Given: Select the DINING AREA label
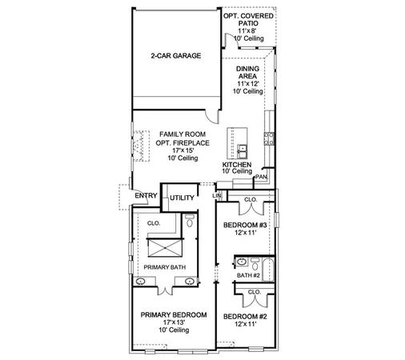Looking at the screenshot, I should point(248,74).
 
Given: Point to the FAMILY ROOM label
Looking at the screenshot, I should point(178,134).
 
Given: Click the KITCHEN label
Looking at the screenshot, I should point(237,164).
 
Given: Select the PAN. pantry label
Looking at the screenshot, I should point(262,177).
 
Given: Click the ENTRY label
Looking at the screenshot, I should point(145,195).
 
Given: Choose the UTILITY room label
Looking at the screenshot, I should point(182,196).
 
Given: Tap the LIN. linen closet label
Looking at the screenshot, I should point(217,195).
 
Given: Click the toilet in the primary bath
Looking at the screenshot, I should point(189,221).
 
